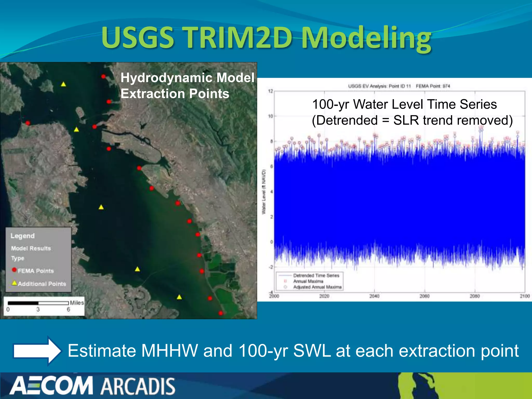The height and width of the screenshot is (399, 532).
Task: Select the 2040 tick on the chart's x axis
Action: (374, 296)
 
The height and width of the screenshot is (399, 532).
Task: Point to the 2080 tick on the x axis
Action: (475, 296)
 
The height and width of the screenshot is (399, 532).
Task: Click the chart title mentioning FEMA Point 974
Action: (399, 86)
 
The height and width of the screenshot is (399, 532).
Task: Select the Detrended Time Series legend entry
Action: (316, 275)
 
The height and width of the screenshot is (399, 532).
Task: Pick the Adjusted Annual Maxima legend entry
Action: (317, 287)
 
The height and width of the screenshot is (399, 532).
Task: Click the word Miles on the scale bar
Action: (77, 303)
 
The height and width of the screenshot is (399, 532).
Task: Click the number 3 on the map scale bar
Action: (38, 309)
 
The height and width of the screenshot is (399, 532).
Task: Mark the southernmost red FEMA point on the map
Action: (221, 313)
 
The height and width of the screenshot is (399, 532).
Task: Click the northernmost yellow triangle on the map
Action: (63, 84)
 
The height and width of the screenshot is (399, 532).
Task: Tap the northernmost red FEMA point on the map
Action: (103, 76)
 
